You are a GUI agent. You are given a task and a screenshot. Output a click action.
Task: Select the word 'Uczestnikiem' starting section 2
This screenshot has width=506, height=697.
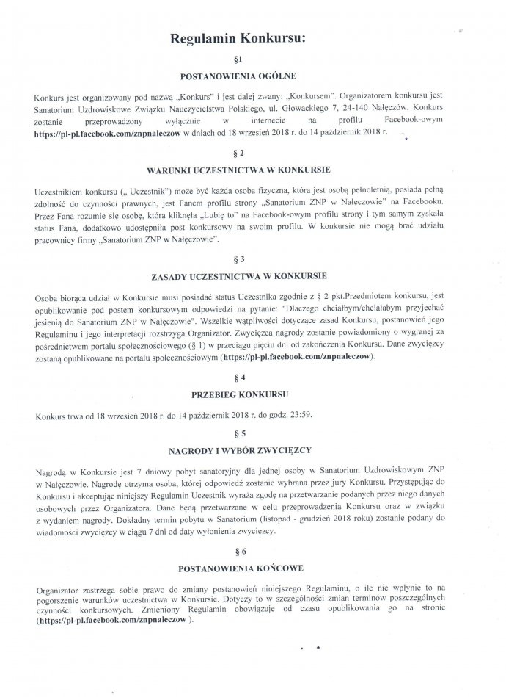pyautogui.click(x=61, y=190)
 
